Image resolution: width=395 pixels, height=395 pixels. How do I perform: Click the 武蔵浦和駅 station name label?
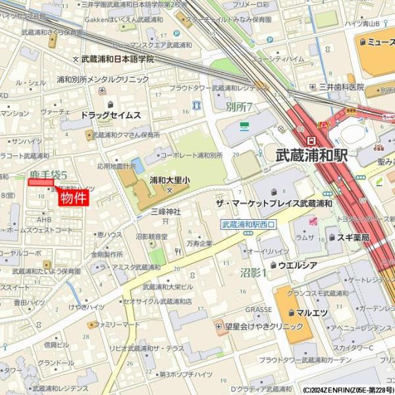click(x=311, y=157)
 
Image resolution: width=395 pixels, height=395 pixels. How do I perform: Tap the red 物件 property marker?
click(x=73, y=198)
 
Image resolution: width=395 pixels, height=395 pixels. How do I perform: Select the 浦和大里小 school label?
click(x=169, y=179)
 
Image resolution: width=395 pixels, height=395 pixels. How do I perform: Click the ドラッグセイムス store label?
click(x=111, y=115)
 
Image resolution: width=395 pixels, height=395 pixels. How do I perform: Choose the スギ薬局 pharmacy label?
click(x=352, y=237)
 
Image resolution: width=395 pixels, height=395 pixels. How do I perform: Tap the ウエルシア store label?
click(x=297, y=265)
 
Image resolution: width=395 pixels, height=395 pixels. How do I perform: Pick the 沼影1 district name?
click(x=253, y=272)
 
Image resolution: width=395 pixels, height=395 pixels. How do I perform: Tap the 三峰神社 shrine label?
click(x=165, y=211)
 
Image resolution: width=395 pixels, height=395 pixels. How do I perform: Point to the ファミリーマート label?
click(x=117, y=325)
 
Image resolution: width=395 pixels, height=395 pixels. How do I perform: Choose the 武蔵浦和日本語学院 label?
click(x=117, y=59)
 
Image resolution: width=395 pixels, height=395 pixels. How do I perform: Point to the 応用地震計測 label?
click(x=117, y=167)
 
